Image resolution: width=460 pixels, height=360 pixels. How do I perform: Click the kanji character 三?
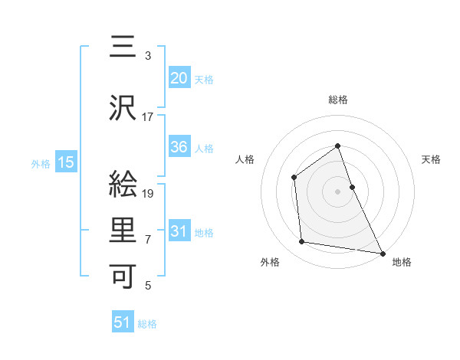124,47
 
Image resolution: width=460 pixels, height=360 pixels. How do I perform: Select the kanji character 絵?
124,185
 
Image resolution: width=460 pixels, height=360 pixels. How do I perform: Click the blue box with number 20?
179,78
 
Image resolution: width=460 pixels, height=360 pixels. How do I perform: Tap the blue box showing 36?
179,147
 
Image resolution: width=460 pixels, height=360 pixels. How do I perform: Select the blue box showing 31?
179,231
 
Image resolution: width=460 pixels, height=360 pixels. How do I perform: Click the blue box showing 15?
65,162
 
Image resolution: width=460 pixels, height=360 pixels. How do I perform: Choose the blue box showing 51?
123,322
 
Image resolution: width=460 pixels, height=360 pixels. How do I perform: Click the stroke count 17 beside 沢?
148,117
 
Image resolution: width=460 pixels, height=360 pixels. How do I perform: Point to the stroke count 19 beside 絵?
149,194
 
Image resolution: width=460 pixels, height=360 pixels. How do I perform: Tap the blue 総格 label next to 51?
147,324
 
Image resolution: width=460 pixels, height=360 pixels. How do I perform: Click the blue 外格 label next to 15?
41,163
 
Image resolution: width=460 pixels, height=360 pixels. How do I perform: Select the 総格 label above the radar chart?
337,100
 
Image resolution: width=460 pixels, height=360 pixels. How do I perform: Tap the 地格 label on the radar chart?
402,262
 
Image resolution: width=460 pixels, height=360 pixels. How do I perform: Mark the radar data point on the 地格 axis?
382,252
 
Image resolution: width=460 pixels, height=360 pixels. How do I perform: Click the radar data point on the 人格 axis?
294,178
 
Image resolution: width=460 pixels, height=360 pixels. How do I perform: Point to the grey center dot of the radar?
337,191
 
